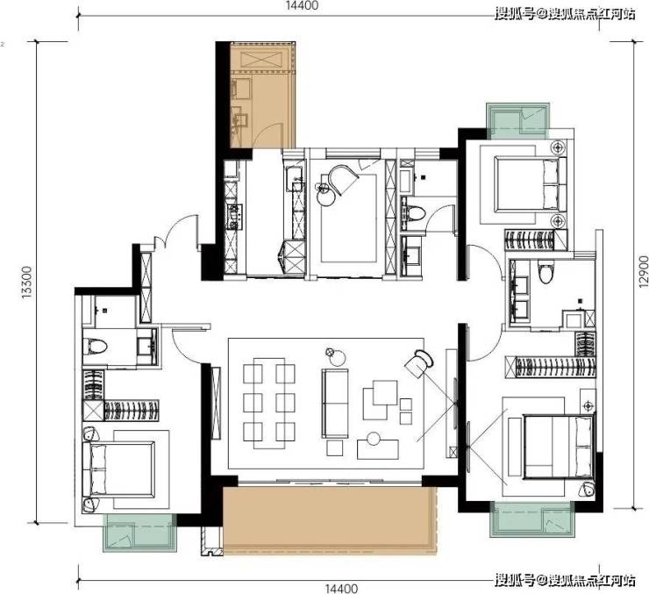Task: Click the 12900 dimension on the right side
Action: point(643,271)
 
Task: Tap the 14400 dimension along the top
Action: point(302,5)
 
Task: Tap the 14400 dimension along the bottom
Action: point(340,588)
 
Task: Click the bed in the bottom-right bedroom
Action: point(559,447)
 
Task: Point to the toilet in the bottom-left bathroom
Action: point(95,347)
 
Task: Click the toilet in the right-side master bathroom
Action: point(546,271)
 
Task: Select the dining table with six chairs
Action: point(269,403)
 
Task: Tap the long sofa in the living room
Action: point(335,404)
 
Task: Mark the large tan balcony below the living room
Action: point(330,520)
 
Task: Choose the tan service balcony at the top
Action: point(261,95)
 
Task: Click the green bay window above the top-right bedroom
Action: point(518,121)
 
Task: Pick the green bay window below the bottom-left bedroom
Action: point(139,533)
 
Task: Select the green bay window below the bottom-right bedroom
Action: point(532,519)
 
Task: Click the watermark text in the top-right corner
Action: point(565,14)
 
